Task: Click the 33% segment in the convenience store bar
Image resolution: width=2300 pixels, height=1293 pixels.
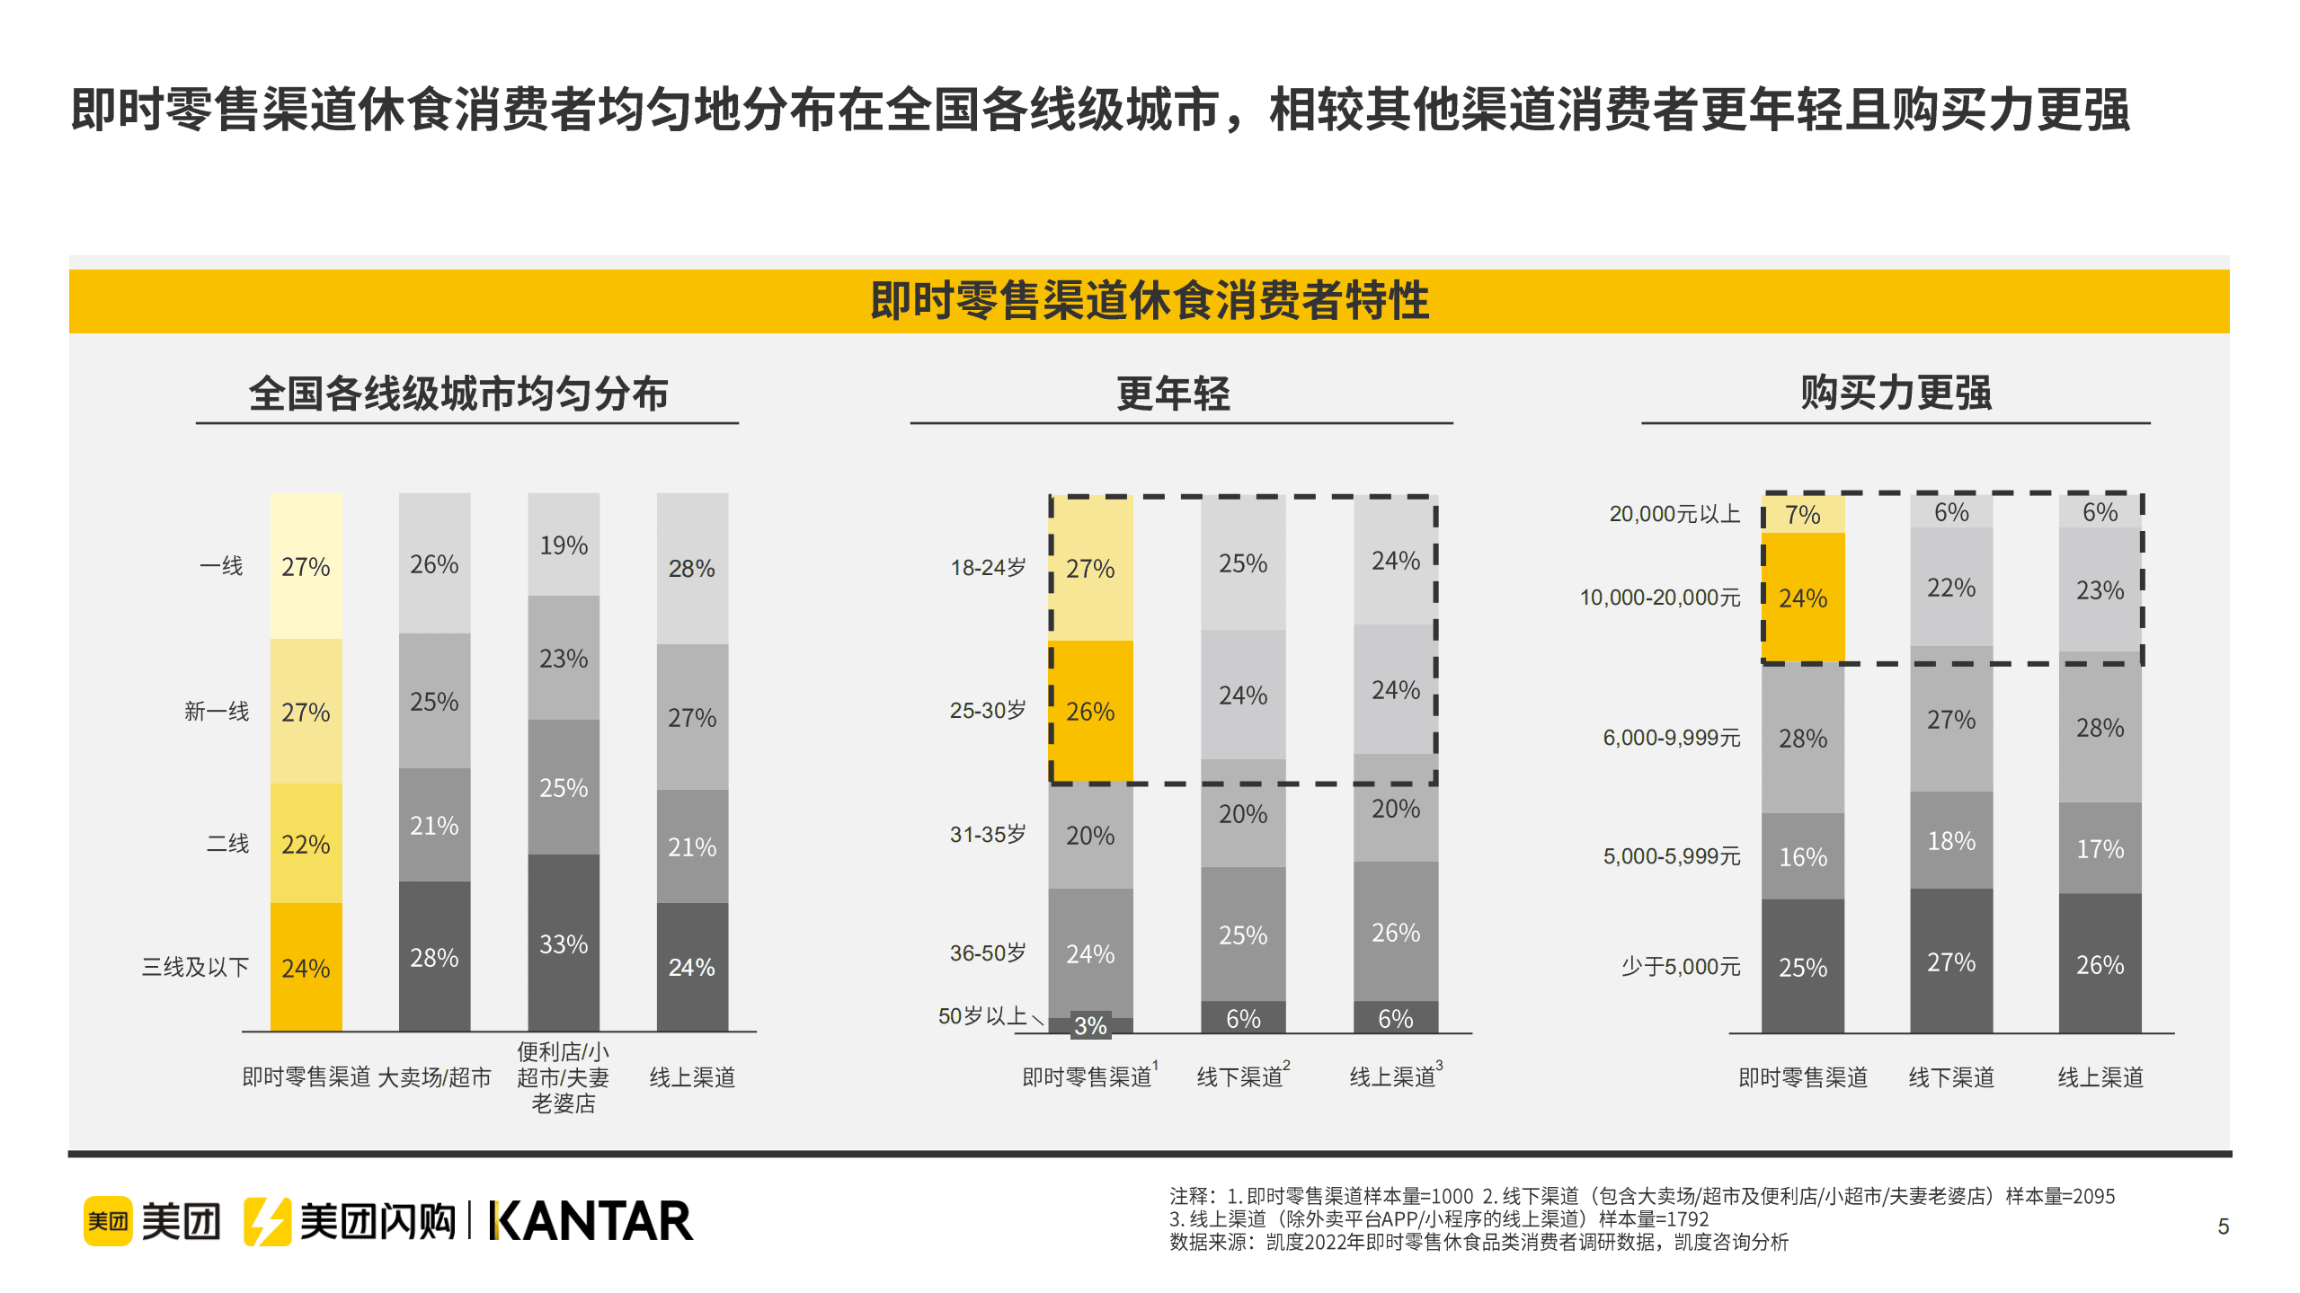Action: point(563,943)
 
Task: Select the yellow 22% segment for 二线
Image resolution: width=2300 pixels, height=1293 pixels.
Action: point(306,844)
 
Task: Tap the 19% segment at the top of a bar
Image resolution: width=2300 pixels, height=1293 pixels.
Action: point(563,545)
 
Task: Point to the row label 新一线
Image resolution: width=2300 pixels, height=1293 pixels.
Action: point(216,712)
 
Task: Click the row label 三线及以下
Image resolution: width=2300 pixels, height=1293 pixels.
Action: point(195,967)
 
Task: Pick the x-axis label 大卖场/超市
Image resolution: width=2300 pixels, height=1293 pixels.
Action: point(434,1076)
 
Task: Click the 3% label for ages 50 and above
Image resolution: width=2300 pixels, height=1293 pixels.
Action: point(1090,1025)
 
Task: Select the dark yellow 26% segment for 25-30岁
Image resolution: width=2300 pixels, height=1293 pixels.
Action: point(1090,711)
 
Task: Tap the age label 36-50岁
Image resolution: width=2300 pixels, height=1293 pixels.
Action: point(987,952)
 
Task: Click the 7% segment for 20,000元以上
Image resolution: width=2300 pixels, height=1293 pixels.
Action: point(1802,515)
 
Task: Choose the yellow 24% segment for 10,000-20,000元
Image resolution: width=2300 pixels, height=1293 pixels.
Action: point(1802,598)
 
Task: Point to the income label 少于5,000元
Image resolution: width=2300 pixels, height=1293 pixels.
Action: point(1680,967)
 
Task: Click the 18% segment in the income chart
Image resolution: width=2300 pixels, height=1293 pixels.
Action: point(1951,841)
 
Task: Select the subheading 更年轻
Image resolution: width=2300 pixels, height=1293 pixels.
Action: point(1173,394)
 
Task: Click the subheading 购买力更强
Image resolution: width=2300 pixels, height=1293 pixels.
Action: point(1896,393)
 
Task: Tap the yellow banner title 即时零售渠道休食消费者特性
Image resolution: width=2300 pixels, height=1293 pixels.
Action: point(1149,300)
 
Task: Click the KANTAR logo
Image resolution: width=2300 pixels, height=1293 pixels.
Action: point(591,1221)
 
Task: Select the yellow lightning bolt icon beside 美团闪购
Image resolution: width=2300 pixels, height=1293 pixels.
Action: point(266,1221)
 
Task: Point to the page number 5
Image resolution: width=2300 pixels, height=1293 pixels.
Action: point(2223,1227)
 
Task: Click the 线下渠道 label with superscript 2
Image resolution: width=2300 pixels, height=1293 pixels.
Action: point(1241,1076)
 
